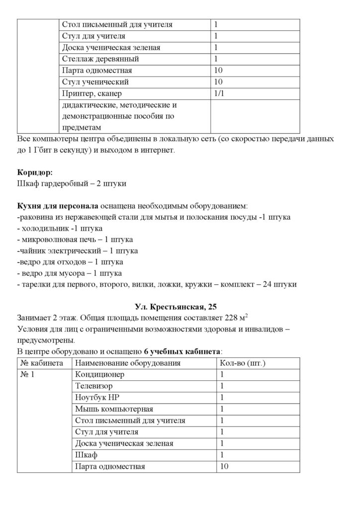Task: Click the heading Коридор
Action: (x=34, y=172)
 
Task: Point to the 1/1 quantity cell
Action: (x=219, y=93)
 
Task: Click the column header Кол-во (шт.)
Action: (x=242, y=363)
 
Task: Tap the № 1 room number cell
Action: (x=28, y=374)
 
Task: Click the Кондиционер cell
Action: (x=99, y=374)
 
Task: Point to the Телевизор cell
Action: (x=94, y=386)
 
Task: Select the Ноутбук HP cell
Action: (x=97, y=397)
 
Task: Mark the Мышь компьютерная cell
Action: (x=114, y=409)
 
